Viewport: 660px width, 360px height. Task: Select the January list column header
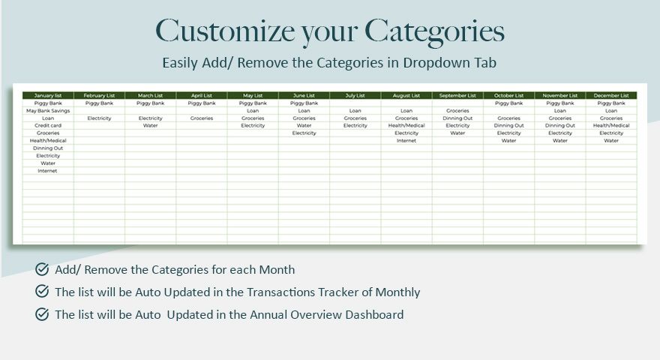[48, 96]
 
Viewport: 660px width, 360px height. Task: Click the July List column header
[355, 96]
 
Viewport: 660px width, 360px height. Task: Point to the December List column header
[611, 96]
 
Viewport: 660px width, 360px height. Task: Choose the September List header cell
[457, 96]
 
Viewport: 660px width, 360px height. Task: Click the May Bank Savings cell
[48, 111]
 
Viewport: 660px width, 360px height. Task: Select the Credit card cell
[48, 126]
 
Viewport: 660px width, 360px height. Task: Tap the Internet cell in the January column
[48, 171]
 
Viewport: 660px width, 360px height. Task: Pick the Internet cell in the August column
[406, 141]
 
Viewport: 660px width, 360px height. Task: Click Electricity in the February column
[99, 118]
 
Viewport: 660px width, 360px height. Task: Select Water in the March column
[151, 126]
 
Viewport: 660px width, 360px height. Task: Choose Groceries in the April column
[202, 118]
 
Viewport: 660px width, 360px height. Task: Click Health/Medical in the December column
[611, 126]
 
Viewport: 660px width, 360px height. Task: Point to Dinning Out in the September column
[457, 118]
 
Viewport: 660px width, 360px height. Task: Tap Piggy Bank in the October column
[508, 103]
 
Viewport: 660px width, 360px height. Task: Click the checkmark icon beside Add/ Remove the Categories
[42, 269]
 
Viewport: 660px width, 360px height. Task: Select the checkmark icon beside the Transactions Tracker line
[42, 292]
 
